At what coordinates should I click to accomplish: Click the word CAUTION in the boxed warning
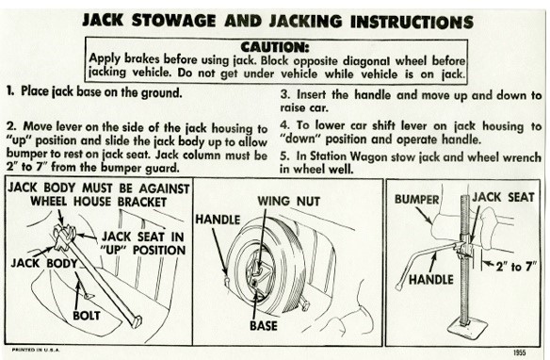[275, 47]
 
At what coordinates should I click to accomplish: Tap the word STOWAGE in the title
[173, 21]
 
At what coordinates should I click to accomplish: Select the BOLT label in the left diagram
[87, 316]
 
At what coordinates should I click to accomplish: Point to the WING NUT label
[289, 202]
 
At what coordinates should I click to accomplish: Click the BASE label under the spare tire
[264, 326]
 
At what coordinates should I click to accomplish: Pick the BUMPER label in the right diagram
[416, 199]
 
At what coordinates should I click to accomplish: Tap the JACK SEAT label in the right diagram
[503, 197]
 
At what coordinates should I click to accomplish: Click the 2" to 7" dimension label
[516, 267]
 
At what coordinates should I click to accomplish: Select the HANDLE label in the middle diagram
[218, 220]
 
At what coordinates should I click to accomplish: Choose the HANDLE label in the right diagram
[431, 280]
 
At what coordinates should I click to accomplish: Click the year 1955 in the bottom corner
[519, 352]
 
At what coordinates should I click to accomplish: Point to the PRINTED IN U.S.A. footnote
[36, 350]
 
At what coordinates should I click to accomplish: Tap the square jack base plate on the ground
[468, 327]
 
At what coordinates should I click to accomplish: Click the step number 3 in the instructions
[284, 95]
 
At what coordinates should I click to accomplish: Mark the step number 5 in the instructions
[284, 156]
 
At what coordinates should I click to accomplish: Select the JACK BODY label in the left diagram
[44, 263]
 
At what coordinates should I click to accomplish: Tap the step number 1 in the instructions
[9, 91]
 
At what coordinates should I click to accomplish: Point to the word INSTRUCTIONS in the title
[412, 22]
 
